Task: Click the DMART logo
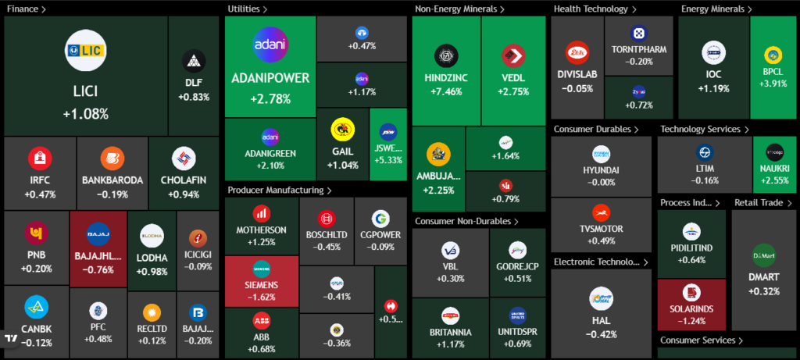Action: pyautogui.click(x=763, y=255)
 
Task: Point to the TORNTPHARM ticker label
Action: pyautogui.click(x=640, y=50)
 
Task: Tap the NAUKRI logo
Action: pyautogui.click(x=774, y=151)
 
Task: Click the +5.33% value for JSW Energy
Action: pyautogui.click(x=388, y=160)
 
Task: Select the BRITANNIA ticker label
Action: pyautogui.click(x=449, y=330)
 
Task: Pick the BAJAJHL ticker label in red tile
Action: pyautogui.click(x=98, y=257)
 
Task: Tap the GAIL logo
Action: pyautogui.click(x=340, y=128)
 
